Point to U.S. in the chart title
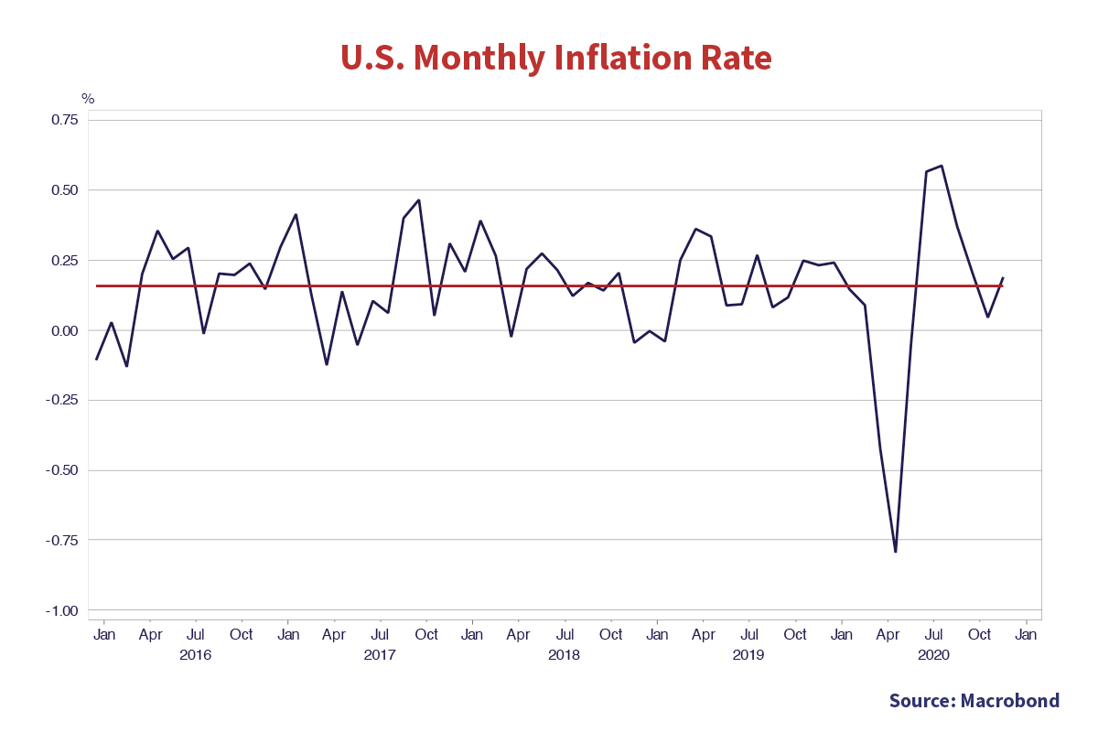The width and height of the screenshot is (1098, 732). pos(372,58)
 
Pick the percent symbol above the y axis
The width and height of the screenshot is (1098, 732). pos(87,98)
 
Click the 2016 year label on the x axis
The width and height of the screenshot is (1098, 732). pos(196,655)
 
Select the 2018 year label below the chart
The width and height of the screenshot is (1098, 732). pos(565,655)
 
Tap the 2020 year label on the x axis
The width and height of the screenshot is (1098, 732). pos(933,655)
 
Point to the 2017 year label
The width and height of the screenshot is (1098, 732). pos(380,655)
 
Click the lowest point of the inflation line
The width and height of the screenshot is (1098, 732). pos(895,553)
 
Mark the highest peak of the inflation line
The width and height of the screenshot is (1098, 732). pos(942,166)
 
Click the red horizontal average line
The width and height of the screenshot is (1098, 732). pos(549,286)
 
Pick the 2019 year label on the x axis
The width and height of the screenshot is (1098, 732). pos(748,655)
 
